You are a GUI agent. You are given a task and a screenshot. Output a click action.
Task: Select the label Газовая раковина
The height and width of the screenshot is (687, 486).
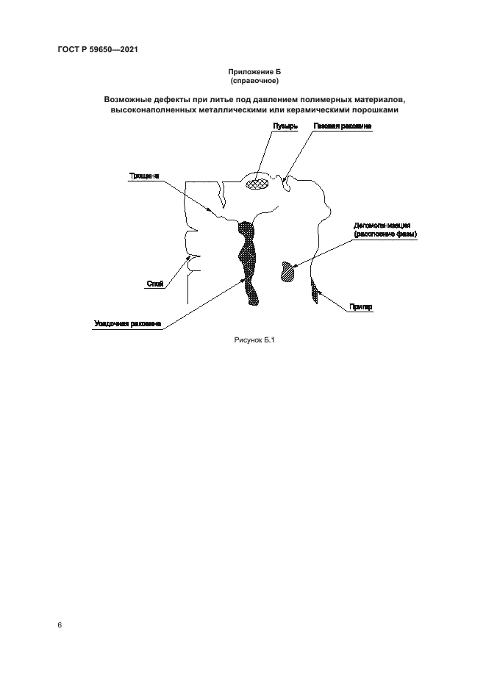342,126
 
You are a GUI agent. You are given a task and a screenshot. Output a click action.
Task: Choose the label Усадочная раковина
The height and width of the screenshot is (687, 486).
127,324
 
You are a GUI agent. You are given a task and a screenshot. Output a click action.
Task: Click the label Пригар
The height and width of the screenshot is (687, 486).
362,308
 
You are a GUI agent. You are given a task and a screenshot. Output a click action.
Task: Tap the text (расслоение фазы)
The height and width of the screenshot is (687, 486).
385,234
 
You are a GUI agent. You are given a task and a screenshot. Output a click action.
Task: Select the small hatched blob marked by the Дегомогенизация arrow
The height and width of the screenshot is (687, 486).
287,270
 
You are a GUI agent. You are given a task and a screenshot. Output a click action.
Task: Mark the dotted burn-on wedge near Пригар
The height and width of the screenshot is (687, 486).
315,291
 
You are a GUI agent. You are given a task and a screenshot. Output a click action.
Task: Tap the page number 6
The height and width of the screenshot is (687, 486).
59,625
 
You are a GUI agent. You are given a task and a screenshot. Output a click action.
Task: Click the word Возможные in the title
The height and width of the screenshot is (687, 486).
131,99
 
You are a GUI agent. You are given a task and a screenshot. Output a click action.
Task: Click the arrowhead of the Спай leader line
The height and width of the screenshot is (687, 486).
190,259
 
